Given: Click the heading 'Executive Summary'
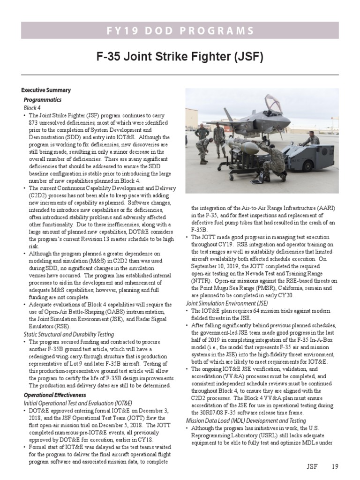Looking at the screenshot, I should (x=46, y=90).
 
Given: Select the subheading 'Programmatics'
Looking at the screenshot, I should (x=43, y=100).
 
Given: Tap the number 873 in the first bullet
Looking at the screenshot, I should (x=35, y=122).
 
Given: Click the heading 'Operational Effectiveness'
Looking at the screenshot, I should (x=55, y=395).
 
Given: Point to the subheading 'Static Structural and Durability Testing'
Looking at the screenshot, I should (x=69, y=334).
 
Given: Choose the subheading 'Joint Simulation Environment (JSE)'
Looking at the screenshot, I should (x=227, y=303).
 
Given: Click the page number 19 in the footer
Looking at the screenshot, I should (x=334, y=466).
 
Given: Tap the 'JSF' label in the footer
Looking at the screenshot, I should (x=313, y=466).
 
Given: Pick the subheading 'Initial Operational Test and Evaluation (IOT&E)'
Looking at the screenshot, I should (x=78, y=403).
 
